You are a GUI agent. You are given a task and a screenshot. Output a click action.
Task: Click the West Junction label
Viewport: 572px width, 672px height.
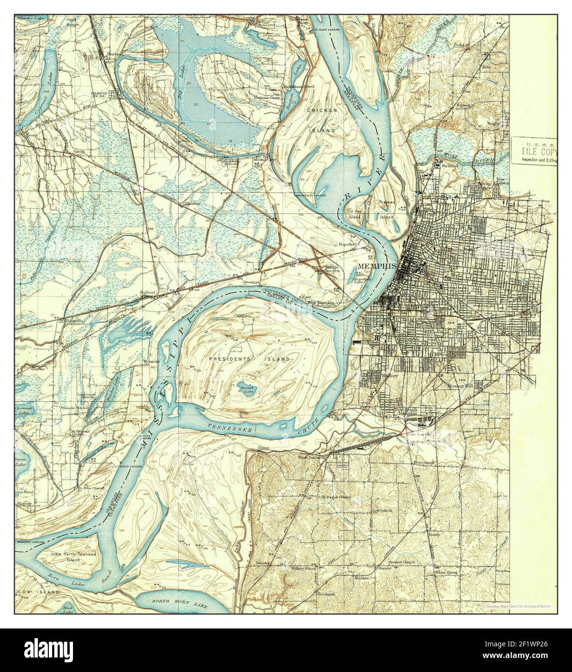[x=309, y=456]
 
